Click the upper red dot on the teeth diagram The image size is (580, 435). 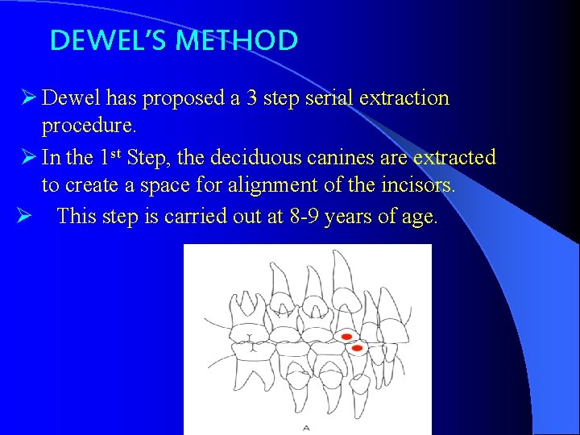[x=346, y=336]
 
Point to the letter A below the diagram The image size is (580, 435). [x=306, y=428]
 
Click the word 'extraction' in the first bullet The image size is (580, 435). [x=404, y=98]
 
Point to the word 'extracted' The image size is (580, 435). [x=456, y=157]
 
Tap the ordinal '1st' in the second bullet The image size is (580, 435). [x=109, y=155]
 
